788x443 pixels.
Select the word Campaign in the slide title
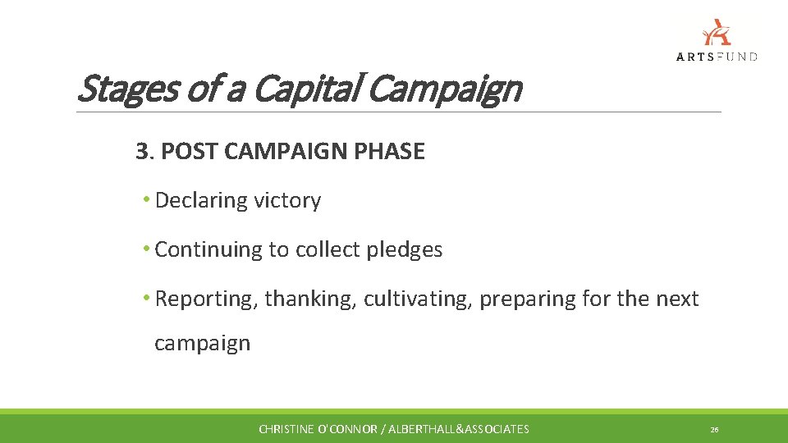[444, 89]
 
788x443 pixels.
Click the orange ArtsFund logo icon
[717, 32]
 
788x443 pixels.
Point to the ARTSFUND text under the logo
[717, 56]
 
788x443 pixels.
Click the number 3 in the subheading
[143, 152]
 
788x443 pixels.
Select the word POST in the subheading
[186, 152]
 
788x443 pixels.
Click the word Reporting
[207, 299]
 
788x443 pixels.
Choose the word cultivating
[418, 299]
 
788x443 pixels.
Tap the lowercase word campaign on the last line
[202, 343]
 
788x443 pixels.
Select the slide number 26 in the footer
[714, 429]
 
